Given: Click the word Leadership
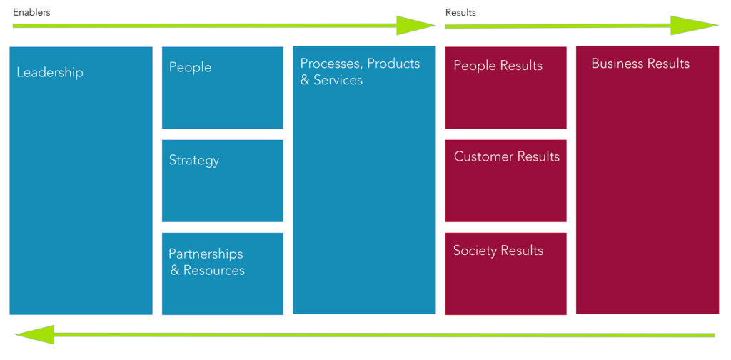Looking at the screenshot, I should tap(50, 73).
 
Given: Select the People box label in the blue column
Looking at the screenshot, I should tap(190, 68).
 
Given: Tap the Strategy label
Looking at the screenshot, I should tap(194, 161).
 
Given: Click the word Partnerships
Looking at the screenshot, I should tap(206, 254).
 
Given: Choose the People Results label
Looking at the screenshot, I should tap(498, 66).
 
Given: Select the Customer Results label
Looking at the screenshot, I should tap(507, 157).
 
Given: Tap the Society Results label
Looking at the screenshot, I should tap(498, 251).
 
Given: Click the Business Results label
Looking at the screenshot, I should tap(640, 64).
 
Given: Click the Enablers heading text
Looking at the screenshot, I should tap(31, 13).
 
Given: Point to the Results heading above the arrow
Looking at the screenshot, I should tap(460, 13).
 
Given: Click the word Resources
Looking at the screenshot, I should tap(213, 271).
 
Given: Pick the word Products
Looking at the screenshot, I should tap(393, 64).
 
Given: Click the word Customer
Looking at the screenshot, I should tap(483, 157).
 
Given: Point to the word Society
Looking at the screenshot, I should tap(475, 251).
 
